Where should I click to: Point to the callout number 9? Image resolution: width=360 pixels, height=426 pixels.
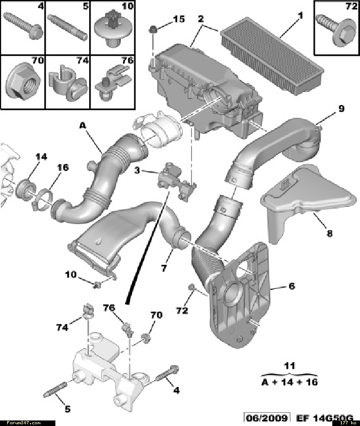(x=341, y=109)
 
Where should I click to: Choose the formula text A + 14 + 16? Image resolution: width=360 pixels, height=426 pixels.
(x=289, y=382)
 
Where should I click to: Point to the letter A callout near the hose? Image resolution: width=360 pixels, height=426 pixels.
(x=83, y=126)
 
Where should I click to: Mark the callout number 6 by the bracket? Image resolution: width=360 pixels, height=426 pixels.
(x=291, y=286)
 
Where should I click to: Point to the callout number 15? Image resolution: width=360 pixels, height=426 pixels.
(x=178, y=19)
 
